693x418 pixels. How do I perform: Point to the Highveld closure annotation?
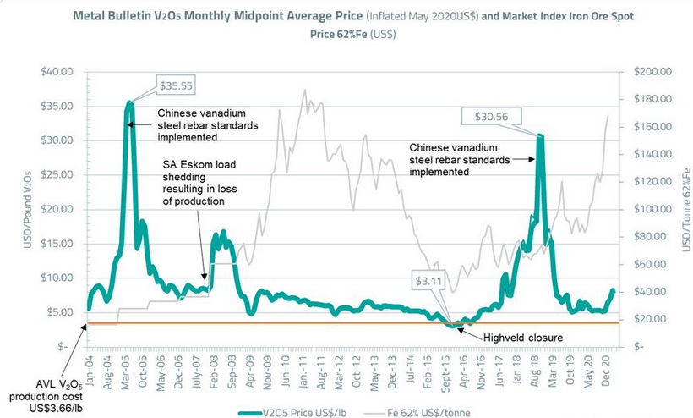point(524,338)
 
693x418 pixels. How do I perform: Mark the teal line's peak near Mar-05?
point(129,103)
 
